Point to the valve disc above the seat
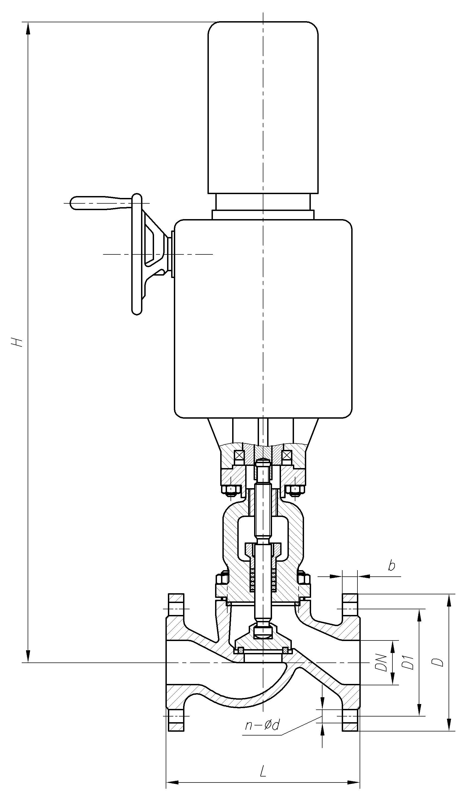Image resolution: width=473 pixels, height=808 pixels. click(x=263, y=643)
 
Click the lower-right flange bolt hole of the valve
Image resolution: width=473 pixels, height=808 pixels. click(x=350, y=716)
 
